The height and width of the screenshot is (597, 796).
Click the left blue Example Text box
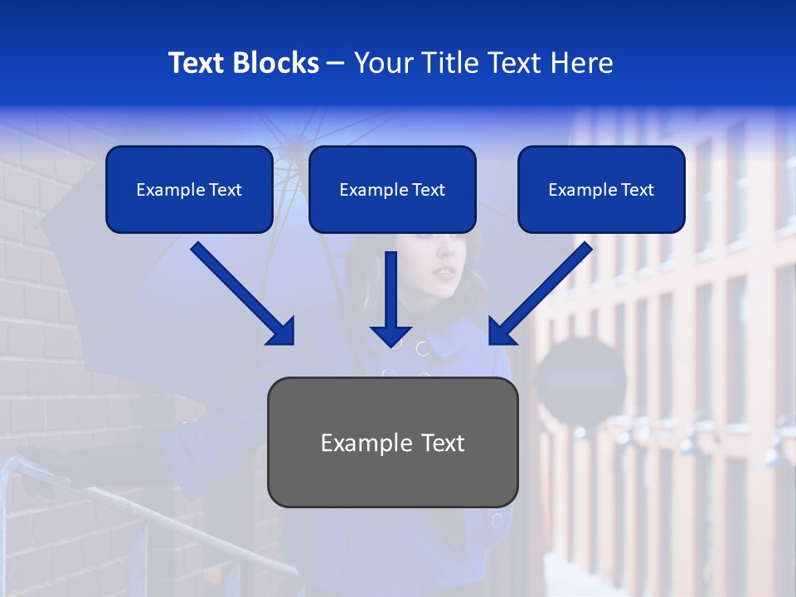189,190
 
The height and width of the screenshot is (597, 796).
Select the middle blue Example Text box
392,190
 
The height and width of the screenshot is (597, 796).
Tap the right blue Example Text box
601,190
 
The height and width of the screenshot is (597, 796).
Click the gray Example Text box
392,443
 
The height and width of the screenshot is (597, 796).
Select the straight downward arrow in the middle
391,298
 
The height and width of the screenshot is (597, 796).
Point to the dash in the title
337,63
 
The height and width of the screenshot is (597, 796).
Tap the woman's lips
447,273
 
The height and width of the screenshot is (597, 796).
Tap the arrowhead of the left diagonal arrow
281,331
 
